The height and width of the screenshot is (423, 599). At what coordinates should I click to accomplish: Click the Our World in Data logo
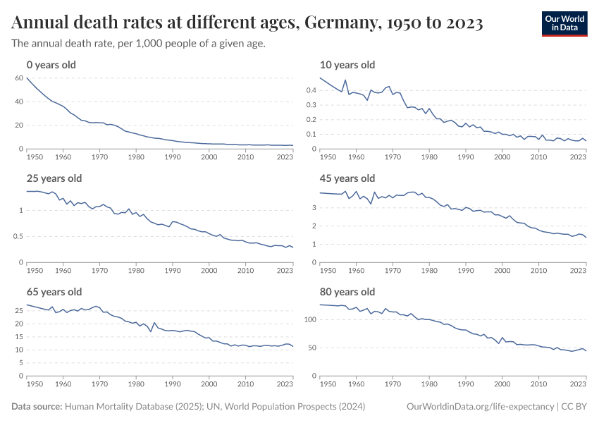pyautogui.click(x=564, y=23)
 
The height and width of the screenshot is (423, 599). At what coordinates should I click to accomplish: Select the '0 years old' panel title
pyautogui.click(x=51, y=65)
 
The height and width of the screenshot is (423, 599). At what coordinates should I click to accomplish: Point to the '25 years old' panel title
pyautogui.click(x=54, y=178)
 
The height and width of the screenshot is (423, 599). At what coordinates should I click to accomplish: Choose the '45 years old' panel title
pyautogui.click(x=347, y=178)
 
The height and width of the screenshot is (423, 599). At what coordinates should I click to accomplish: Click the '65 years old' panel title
pyautogui.click(x=54, y=292)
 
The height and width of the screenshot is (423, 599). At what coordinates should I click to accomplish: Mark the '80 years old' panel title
pyautogui.click(x=347, y=292)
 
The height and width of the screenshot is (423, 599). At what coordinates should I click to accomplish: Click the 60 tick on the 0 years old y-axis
pyautogui.click(x=19, y=78)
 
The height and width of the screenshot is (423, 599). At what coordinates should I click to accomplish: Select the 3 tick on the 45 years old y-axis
pyautogui.click(x=314, y=209)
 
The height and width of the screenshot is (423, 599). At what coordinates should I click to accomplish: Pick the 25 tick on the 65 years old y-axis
pyautogui.click(x=19, y=309)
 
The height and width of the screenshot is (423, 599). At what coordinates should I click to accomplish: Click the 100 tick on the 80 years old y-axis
pyautogui.click(x=309, y=319)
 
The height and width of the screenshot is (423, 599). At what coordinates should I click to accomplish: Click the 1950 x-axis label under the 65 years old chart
pyautogui.click(x=34, y=384)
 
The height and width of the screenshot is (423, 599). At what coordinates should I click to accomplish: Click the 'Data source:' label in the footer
pyautogui.click(x=37, y=407)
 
